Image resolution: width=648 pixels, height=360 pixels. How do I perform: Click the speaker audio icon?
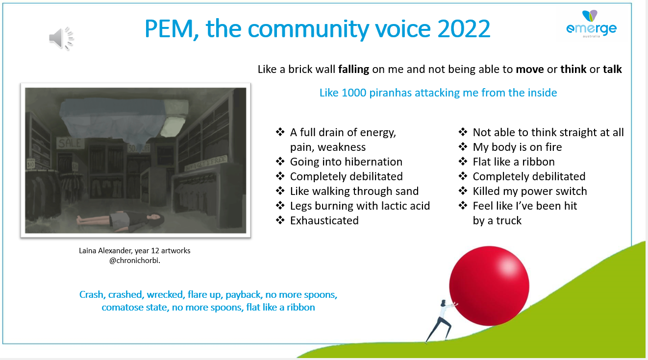[x=61, y=39]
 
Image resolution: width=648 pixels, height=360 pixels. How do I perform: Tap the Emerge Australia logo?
[x=591, y=24]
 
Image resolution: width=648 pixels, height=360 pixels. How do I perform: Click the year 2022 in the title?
[x=464, y=28]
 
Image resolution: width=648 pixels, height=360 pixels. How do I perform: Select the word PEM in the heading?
[x=169, y=28]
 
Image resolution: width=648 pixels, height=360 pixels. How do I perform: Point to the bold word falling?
[x=353, y=70]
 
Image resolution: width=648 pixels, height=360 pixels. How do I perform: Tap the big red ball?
[x=489, y=286]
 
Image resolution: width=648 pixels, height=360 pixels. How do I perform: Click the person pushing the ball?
[x=441, y=321]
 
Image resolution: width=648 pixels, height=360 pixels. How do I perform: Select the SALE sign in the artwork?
[x=70, y=143]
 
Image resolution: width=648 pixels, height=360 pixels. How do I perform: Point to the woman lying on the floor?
[x=120, y=219]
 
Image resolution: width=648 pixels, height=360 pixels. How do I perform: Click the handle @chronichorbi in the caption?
[x=134, y=261]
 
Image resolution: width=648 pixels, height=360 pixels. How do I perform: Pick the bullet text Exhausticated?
[x=324, y=220]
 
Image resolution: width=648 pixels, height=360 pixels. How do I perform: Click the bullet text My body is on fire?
[x=517, y=147]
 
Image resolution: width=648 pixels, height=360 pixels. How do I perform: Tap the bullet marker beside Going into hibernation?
[x=280, y=161]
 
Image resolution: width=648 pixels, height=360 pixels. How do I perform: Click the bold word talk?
[x=612, y=70]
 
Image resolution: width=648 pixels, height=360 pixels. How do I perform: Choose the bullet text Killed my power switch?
[x=530, y=191]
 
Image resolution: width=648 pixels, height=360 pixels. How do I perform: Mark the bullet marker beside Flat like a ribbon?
[x=463, y=161]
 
